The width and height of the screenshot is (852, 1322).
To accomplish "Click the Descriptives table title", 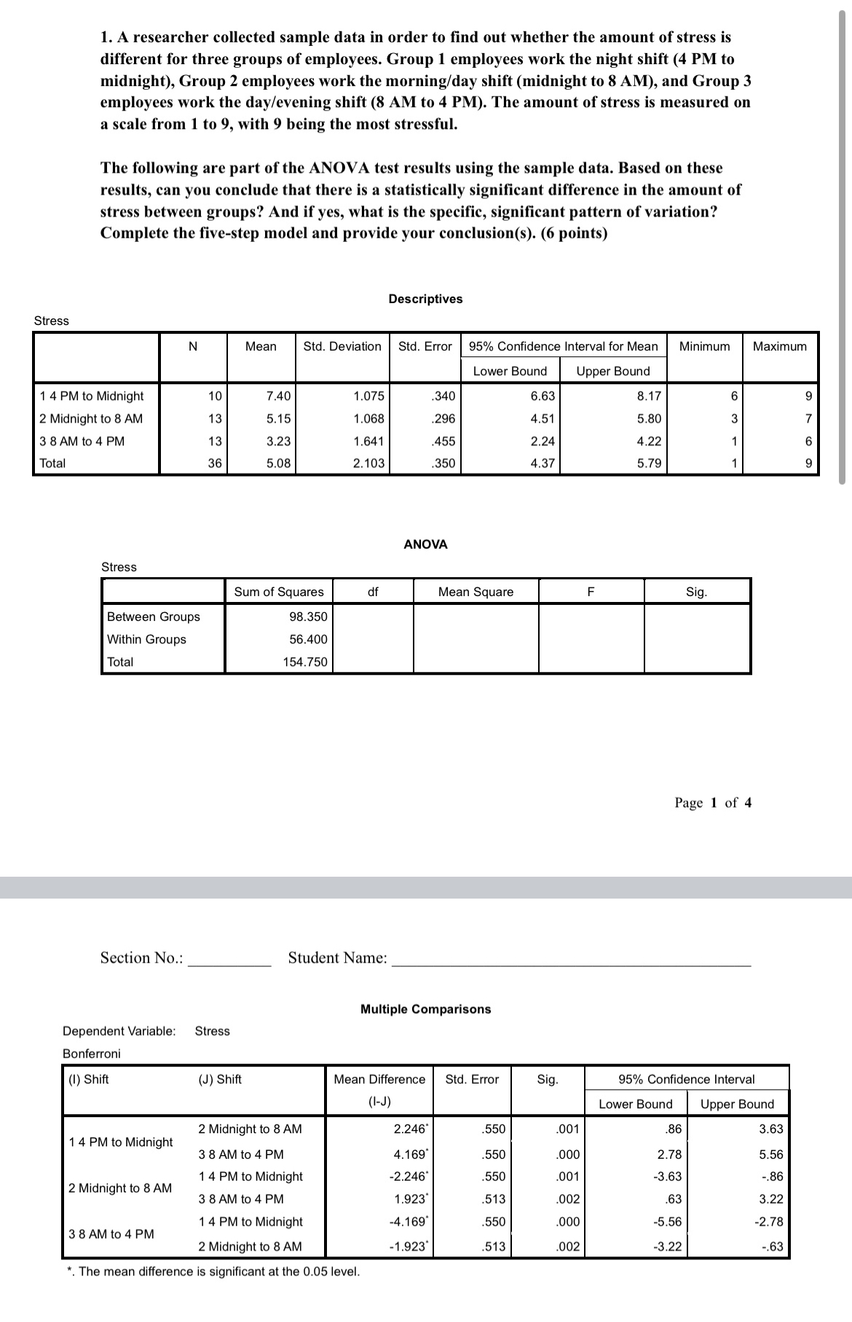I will tap(425, 299).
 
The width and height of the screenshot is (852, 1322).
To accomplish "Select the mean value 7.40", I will tap(278, 396).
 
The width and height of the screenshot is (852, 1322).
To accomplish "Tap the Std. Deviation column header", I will tap(342, 346).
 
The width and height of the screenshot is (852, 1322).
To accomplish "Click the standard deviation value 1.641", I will tap(368, 441).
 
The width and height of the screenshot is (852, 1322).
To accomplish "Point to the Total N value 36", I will tap(215, 463).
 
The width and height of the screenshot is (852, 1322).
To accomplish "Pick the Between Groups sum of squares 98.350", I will tap(308, 617).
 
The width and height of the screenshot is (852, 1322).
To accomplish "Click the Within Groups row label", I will tap(146, 639).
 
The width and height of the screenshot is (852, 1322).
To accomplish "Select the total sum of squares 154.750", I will tap(305, 662).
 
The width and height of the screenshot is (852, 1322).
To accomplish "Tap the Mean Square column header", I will tap(476, 592).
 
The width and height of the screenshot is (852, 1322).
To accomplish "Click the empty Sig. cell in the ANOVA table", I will tap(696, 638).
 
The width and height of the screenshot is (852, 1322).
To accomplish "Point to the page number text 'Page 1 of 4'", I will tap(713, 802).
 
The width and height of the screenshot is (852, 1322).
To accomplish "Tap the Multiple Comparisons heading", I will tap(425, 1009).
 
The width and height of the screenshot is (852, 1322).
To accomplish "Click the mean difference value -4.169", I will tap(409, 1221).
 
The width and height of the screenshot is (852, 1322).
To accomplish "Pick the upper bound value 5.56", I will tap(770, 1154).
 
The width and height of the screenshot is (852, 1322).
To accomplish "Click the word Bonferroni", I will tap(92, 1054).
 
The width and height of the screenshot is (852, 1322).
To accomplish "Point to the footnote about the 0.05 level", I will tap(213, 1272).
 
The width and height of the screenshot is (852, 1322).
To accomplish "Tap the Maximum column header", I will tap(779, 346).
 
